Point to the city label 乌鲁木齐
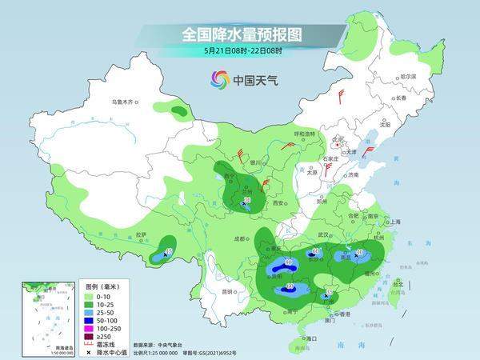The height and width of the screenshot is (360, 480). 124,102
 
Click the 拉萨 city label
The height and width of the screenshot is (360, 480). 142,234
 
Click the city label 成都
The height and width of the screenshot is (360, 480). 238,238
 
